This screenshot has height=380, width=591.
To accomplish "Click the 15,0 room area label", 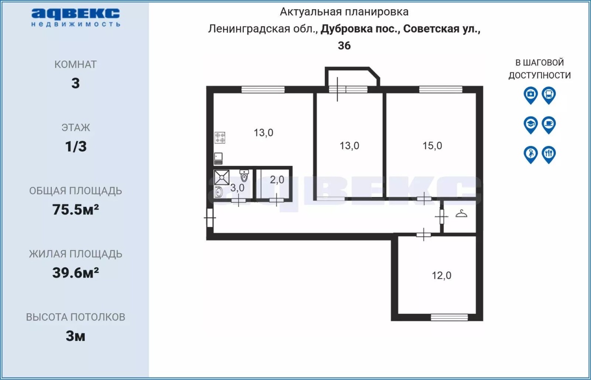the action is tap(432, 146).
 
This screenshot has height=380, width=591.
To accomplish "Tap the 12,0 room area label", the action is tap(441, 276).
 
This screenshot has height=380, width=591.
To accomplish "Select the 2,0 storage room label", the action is tap(277, 180).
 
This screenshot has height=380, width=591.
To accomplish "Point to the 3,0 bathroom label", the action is tap(237, 188).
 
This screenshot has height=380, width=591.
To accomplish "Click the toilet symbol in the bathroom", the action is tap(244, 176).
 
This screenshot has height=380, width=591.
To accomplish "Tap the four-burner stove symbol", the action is tap(220, 138).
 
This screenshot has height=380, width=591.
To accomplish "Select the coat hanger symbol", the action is tap(461, 214).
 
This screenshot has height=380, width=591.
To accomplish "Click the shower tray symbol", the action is tap(222, 177).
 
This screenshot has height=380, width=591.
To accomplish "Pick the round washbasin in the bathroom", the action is tap(218, 192).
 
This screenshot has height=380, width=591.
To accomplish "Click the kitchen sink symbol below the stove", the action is tap(218, 159).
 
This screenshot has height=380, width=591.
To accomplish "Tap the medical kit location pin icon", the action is tap(531, 95).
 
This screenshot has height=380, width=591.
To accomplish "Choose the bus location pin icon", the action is tap(549, 95).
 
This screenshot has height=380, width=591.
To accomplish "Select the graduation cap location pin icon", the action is tap(531, 125).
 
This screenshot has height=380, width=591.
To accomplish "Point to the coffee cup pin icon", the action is tap(549, 125).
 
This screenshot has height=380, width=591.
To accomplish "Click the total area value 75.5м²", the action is tap(75, 209).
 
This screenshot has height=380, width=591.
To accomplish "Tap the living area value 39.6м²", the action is tap(75, 273).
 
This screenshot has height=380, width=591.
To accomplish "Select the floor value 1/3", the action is tap(76, 147).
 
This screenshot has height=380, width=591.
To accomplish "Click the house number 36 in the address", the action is tap(344, 45).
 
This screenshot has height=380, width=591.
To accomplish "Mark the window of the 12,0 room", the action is tap(449, 317).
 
